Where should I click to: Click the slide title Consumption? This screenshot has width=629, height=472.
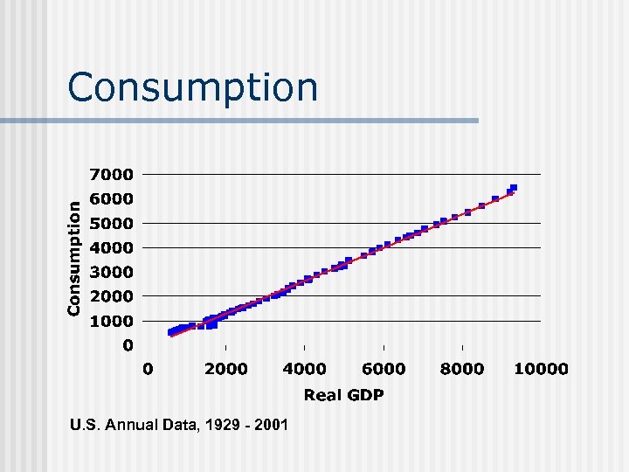point(192,87)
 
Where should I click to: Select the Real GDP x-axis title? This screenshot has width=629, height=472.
point(343,396)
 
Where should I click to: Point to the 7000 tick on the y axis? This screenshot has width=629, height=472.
point(114,174)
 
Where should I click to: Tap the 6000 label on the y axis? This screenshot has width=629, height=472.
point(114,198)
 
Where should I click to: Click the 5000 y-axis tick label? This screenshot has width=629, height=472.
point(114,223)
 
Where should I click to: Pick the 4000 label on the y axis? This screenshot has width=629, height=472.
point(114,247)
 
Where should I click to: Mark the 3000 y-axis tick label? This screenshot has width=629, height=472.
point(114,272)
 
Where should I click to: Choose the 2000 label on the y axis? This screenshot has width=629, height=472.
point(114,296)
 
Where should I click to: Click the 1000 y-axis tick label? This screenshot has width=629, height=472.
point(114,321)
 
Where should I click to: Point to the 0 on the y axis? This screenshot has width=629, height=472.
point(128,345)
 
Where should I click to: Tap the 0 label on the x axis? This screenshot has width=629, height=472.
point(148,369)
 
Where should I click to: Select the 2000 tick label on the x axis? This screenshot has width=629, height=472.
point(226,369)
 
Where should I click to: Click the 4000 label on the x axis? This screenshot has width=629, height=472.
point(304,369)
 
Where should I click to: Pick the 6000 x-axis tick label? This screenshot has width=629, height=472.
point(383,369)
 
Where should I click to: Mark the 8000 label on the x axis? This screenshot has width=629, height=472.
point(461,369)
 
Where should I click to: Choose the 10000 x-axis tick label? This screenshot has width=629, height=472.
point(540,369)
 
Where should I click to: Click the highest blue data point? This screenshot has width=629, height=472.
point(514,187)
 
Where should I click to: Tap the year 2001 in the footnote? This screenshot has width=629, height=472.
point(268,426)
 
